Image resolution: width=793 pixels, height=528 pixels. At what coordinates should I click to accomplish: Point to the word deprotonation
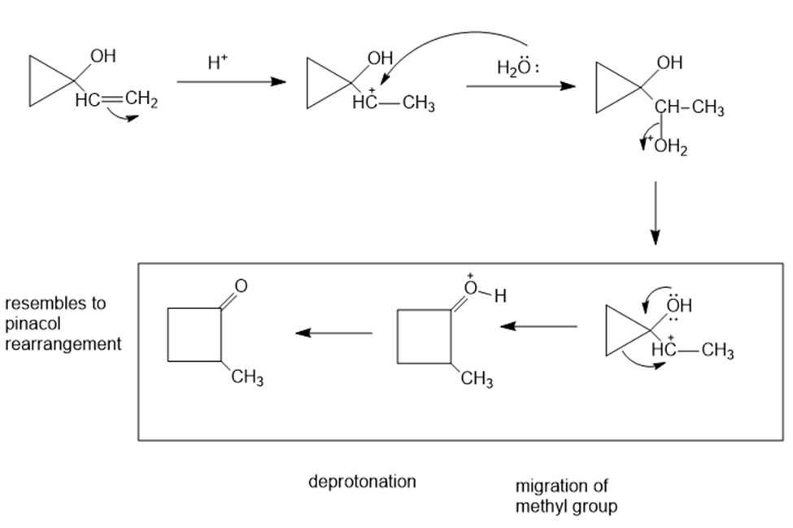coord(362,482)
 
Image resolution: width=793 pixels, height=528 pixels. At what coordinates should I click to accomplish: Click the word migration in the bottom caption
coord(549,487)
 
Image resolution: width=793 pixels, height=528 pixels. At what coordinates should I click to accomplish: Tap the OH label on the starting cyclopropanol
coord(103,56)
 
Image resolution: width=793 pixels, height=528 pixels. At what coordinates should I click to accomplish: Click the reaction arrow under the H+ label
coord(231,82)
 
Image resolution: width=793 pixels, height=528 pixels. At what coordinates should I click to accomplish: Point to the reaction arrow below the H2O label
coord(521,85)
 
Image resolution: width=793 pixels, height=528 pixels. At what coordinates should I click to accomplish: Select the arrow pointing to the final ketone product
coord(333,332)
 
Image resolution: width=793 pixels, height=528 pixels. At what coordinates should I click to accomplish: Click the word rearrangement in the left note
coord(62,343)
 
